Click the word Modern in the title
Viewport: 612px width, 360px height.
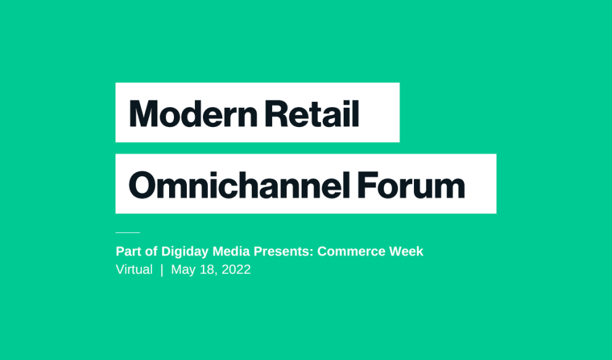tap(193, 113)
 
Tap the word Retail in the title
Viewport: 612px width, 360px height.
tap(312, 113)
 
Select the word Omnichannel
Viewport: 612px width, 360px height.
tap(239, 184)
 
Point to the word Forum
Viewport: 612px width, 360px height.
tap(411, 185)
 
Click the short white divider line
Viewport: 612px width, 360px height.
tap(128, 232)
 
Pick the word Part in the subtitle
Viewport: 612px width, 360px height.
tap(128, 251)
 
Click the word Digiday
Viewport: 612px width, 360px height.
tap(184, 252)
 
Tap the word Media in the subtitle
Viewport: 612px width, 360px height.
tap(231, 251)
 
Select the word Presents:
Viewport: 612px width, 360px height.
tap(283, 251)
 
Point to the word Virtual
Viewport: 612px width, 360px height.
tap(134, 269)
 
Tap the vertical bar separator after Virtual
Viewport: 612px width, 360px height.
tap(162, 270)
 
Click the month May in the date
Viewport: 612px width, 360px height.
tap(183, 270)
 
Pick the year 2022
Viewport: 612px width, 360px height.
tap(236, 269)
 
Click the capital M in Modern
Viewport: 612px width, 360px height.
tap(143, 113)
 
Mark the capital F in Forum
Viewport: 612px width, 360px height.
tap(367, 184)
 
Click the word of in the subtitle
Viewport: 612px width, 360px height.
tap(151, 251)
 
